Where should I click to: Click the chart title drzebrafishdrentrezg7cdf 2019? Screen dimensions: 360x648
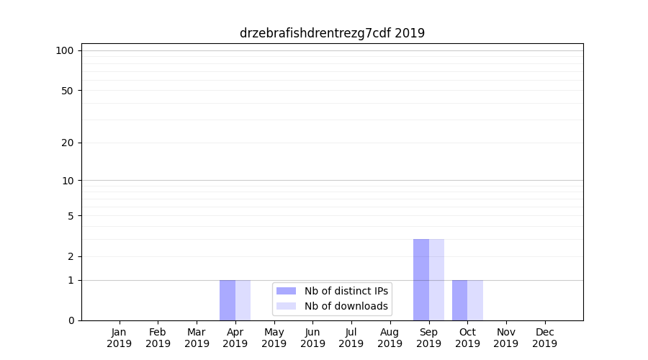point(332,33)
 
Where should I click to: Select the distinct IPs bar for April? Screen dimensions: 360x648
point(228,300)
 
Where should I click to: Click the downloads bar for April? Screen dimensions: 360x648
point(243,300)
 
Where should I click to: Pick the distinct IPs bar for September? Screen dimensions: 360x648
point(421,279)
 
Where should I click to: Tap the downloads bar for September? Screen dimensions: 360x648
point(437,279)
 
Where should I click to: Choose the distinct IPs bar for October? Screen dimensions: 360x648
point(460,300)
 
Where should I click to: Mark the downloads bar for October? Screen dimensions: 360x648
point(475,300)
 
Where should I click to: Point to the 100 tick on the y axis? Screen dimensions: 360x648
point(65,50)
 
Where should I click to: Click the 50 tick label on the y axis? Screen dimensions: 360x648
point(68,91)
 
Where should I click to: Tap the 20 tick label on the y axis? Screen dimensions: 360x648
point(68,143)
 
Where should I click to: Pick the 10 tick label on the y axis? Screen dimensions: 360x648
point(68,181)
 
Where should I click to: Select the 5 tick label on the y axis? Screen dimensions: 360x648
point(71,216)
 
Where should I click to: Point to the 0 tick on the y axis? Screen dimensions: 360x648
point(71,320)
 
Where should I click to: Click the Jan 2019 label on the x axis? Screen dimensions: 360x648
point(120,338)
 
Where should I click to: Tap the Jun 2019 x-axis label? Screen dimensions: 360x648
point(312,338)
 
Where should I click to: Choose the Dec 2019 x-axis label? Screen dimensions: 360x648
point(545,338)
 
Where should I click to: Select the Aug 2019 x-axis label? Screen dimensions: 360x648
point(390,338)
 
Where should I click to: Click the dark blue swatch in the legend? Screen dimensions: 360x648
point(286,291)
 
